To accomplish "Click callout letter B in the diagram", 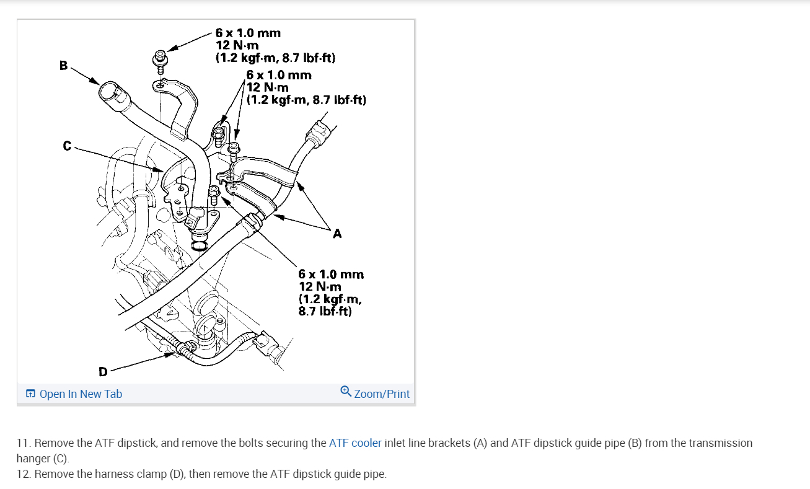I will [63, 65].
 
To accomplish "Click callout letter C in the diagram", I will [67, 146].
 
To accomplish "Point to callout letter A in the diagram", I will [337, 234].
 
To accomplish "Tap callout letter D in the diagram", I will [103, 372].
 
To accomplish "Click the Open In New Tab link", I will [81, 394].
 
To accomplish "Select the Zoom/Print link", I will [381, 394].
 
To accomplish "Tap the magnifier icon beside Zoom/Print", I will [346, 392].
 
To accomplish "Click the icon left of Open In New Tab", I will [30, 394].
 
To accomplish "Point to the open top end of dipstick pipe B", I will [107, 91].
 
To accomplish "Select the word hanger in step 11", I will [32, 459].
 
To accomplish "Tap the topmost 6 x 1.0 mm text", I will [248, 33].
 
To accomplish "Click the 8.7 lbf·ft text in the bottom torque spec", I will [325, 311].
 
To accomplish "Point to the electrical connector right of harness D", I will [272, 343].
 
